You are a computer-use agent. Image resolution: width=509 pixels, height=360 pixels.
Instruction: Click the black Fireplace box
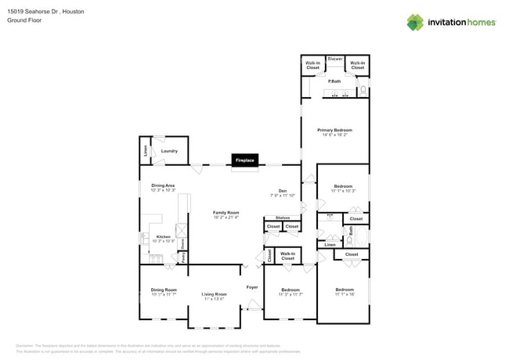(x=244, y=160)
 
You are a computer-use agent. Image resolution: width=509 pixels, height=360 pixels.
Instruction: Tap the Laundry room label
(x=169, y=151)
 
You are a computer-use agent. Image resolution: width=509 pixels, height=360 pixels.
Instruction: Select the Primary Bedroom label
(x=334, y=130)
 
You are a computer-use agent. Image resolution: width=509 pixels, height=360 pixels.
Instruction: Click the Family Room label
(x=226, y=213)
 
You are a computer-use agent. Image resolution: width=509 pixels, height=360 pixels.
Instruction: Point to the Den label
(x=282, y=191)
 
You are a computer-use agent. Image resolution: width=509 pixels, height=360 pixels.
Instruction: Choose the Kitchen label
(x=163, y=236)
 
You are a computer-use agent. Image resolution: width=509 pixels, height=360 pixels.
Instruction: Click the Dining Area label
(x=163, y=185)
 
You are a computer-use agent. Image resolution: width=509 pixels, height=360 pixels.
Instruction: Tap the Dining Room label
(x=164, y=290)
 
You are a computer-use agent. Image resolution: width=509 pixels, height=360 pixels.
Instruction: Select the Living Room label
(x=215, y=294)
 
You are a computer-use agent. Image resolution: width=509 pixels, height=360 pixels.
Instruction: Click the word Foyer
(x=252, y=287)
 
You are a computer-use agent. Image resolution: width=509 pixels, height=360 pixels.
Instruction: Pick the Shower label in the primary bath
(x=335, y=59)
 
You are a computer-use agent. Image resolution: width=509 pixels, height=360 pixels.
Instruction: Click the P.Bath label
(x=334, y=81)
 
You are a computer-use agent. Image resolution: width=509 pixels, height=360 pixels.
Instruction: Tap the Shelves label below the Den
(x=282, y=218)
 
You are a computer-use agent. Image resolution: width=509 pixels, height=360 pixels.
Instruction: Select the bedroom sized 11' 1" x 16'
(x=345, y=290)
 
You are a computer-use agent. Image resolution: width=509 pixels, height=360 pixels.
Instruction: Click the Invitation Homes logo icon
(x=415, y=22)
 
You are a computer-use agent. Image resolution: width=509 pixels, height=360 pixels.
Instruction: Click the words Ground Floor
(x=24, y=21)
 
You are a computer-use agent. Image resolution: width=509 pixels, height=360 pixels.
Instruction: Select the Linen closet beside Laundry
(x=145, y=151)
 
